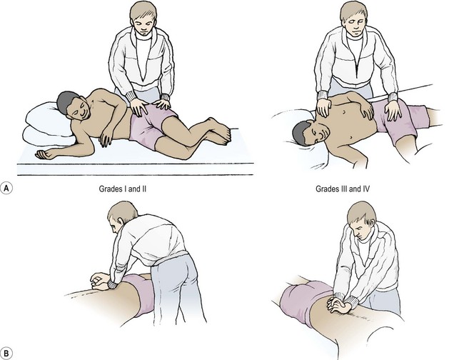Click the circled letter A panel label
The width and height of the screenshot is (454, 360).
click(x=6, y=188)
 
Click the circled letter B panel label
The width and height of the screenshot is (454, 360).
click(x=6, y=354)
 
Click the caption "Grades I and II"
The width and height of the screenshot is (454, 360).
click(x=123, y=189)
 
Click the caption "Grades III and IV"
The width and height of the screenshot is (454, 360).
click(x=343, y=189)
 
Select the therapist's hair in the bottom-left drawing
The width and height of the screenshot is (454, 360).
click(x=121, y=211)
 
